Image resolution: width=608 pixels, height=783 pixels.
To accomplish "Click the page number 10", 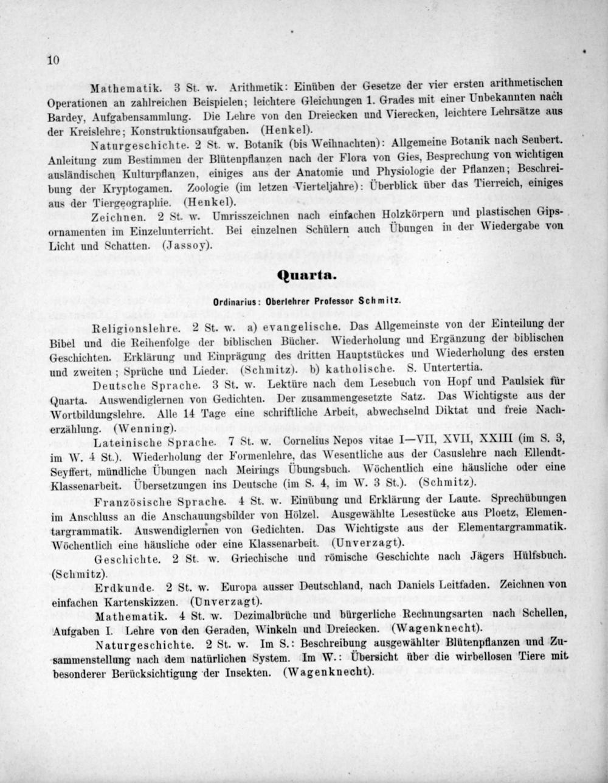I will [52, 60].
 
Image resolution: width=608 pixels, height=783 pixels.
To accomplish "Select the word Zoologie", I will [209, 186].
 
